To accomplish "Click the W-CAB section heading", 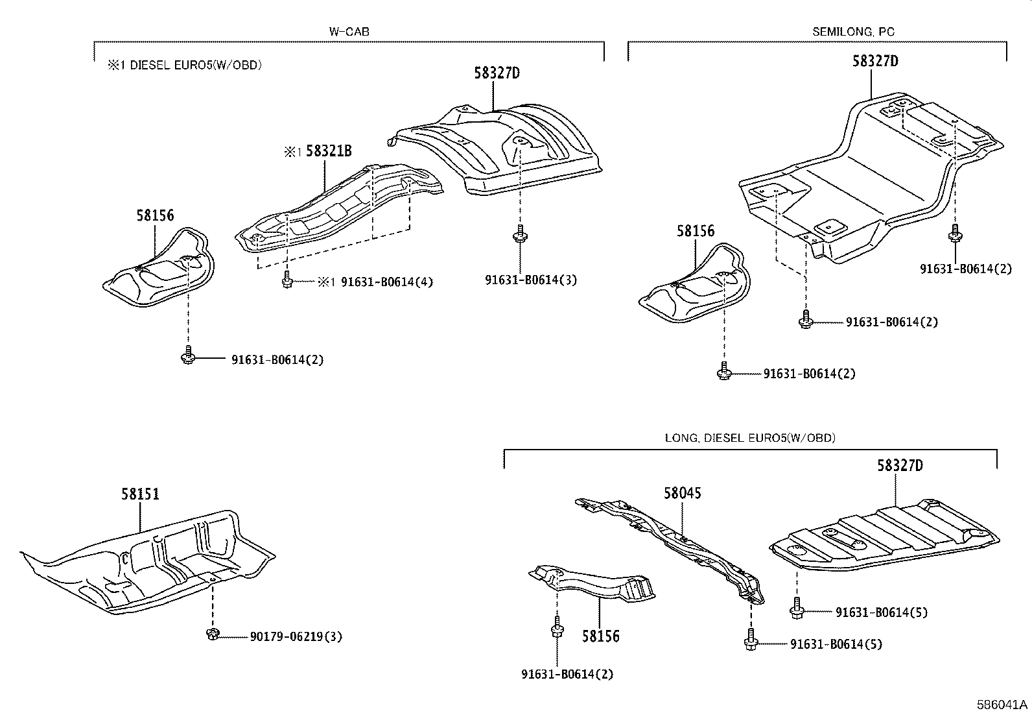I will click(349, 31).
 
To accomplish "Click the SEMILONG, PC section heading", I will click(854, 31).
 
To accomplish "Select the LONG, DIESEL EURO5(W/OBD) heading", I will click(750, 438).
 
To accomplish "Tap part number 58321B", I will click(329, 151).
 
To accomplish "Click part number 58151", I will click(140, 494).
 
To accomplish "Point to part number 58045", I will click(682, 493).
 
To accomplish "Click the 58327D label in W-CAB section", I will click(497, 73).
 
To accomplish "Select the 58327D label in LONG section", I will click(900, 465).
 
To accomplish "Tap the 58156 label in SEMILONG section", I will click(696, 231).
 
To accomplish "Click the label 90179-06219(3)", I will click(296, 636).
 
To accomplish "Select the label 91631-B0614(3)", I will click(530, 280).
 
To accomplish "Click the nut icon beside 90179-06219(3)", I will click(211, 634).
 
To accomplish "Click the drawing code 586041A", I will click(1002, 704).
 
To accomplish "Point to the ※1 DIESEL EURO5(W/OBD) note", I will click(185, 65).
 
